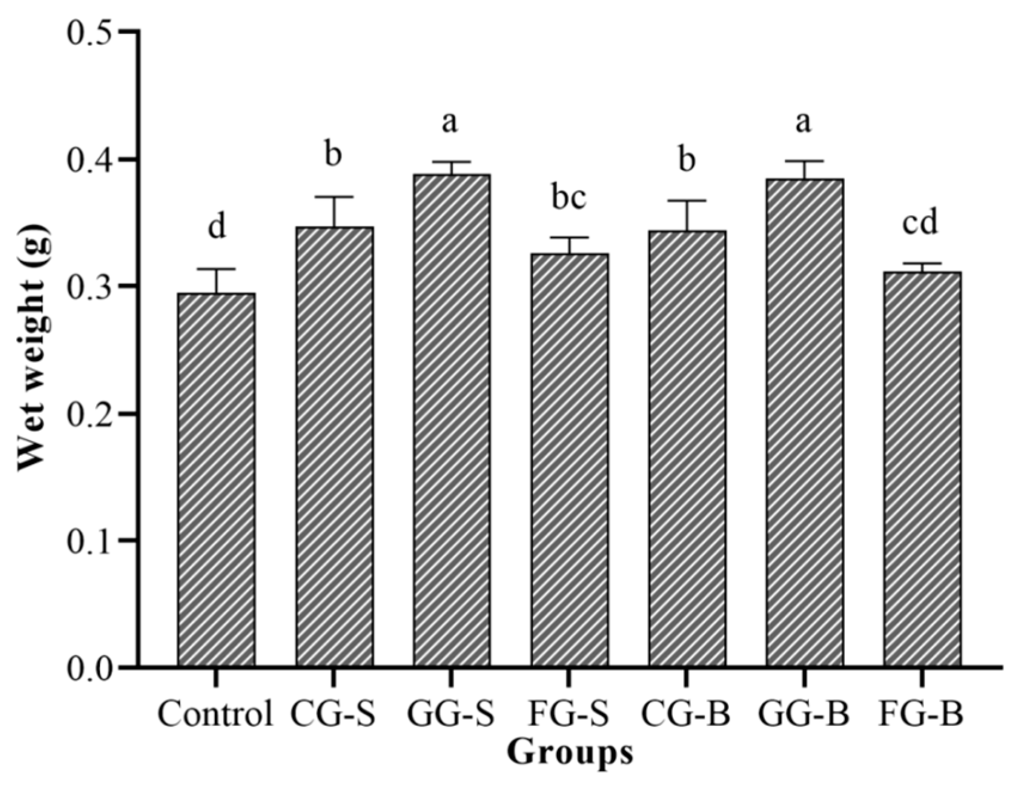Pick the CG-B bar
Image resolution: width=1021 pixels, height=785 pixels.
(686, 448)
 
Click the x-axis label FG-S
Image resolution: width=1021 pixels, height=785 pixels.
(569, 714)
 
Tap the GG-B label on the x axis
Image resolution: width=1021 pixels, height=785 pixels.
(804, 714)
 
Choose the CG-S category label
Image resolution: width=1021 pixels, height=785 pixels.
(333, 714)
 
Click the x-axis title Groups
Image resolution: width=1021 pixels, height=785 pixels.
(569, 752)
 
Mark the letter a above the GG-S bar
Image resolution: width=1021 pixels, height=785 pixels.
(449, 122)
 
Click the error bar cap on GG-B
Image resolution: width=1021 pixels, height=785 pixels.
(804, 161)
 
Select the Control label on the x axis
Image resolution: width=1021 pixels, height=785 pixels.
(215, 714)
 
